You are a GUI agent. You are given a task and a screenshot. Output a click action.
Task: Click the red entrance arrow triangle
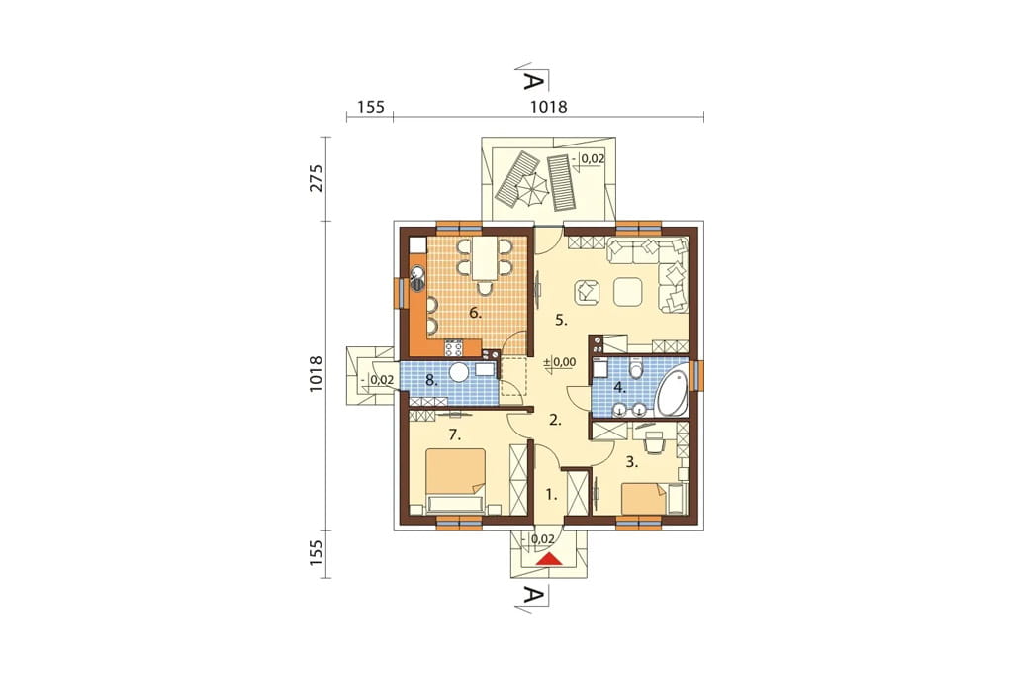(x=550, y=558)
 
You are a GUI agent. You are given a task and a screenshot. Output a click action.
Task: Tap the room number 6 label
(x=476, y=313)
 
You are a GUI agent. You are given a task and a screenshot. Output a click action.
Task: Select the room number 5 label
(x=561, y=319)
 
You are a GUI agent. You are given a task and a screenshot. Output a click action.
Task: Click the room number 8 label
(x=431, y=380)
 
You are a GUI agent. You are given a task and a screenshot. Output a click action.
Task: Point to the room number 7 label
(x=455, y=435)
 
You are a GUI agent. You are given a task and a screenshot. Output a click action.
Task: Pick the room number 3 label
(x=632, y=462)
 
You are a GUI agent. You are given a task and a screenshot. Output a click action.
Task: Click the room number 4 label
(x=620, y=387)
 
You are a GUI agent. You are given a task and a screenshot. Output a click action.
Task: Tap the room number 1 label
(x=550, y=495)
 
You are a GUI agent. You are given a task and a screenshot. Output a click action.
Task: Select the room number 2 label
(x=555, y=420)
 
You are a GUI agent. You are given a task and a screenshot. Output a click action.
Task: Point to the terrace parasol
(x=532, y=189)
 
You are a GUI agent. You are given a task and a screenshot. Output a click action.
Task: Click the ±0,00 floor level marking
(x=560, y=362)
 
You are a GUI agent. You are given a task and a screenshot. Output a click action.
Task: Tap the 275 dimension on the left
(x=316, y=178)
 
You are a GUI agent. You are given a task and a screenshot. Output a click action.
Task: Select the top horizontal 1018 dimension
(x=548, y=107)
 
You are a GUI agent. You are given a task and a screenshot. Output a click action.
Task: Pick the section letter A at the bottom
(x=531, y=596)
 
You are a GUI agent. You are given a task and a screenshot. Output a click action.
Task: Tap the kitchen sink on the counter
(x=416, y=277)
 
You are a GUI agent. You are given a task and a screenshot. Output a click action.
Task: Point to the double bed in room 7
(x=456, y=482)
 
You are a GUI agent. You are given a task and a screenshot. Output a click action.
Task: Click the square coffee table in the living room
(x=627, y=292)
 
